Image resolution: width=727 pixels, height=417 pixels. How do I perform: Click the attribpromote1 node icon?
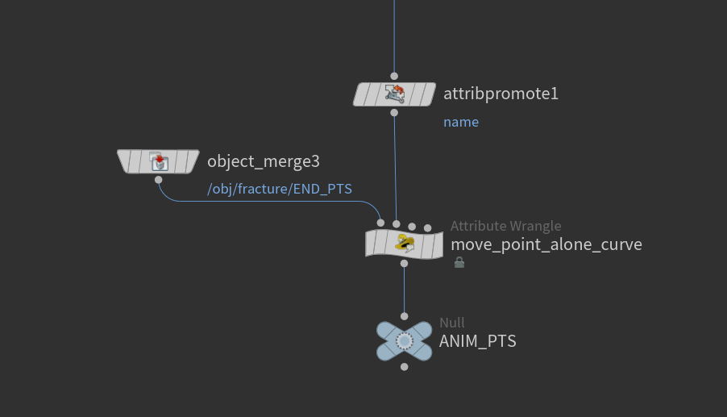coord(395,94)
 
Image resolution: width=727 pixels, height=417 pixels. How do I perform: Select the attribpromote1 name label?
coord(501,94)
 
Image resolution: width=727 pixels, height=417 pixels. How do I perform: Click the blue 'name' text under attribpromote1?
coord(461,122)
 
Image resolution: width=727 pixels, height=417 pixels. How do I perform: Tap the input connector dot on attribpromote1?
coord(394,76)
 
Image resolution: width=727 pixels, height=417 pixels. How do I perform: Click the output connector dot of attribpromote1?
coord(394,113)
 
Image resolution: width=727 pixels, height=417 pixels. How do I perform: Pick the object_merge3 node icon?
coord(159,161)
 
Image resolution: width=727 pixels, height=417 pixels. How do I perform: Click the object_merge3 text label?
coord(264,161)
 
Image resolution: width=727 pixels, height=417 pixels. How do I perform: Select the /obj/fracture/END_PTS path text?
coord(280,190)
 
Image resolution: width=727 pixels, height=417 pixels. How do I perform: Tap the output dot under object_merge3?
coord(159,180)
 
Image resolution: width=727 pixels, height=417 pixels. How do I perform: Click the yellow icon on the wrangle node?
coord(405,243)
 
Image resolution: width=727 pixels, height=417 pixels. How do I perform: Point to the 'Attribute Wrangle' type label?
coord(506,226)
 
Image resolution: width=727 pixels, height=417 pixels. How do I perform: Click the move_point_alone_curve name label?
coord(546,244)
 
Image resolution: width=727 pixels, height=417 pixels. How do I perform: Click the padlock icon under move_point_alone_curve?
coord(459,262)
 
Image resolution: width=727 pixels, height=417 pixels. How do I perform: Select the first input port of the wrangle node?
coord(380,223)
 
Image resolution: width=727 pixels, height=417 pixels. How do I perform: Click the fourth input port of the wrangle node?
coord(427,228)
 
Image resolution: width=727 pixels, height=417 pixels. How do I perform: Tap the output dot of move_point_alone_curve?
coord(405,264)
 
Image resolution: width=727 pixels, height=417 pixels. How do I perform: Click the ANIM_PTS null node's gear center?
coord(405,341)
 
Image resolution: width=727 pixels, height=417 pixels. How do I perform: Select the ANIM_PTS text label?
coord(478,341)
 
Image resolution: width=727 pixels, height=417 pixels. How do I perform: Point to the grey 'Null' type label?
coord(452,323)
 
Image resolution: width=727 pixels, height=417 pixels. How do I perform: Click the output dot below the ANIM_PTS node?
coord(405,367)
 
